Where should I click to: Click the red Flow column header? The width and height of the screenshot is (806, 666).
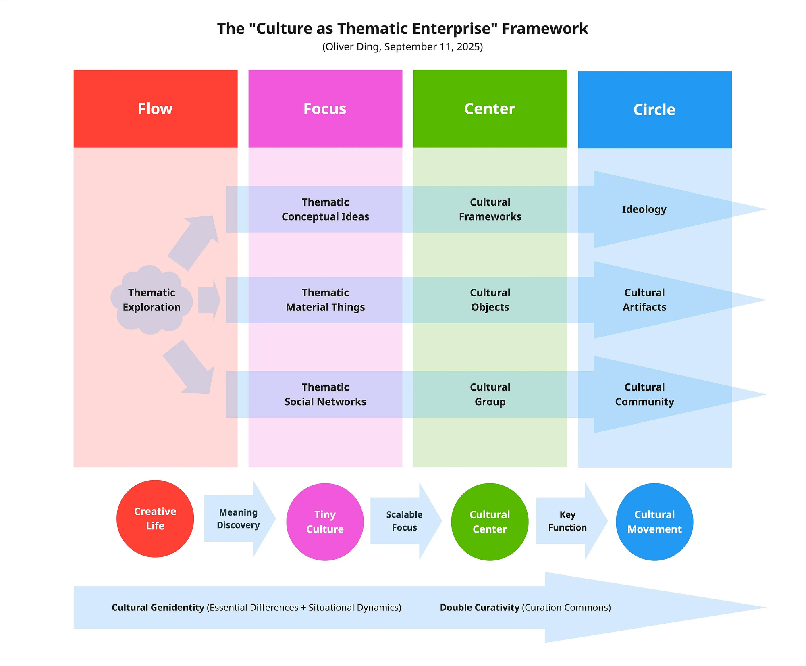(156, 108)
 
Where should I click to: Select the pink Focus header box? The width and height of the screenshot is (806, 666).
(325, 108)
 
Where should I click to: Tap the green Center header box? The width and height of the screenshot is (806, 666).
(490, 108)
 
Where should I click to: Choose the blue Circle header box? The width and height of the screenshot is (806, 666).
(655, 109)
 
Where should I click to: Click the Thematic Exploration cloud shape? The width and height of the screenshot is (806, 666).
(152, 300)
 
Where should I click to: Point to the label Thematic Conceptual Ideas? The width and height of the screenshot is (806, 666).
(325, 209)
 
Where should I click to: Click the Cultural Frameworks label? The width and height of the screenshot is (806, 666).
(490, 209)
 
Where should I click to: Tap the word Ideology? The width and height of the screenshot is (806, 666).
(644, 210)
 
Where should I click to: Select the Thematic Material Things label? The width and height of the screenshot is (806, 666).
(325, 300)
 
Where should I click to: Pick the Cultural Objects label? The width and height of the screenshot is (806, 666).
(490, 300)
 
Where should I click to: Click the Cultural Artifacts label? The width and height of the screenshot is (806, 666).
(644, 300)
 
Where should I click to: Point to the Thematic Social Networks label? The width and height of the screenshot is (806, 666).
(325, 394)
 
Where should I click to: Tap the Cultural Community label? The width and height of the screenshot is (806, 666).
(644, 394)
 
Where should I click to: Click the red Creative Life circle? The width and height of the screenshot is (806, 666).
(155, 518)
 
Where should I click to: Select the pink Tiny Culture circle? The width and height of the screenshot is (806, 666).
(325, 522)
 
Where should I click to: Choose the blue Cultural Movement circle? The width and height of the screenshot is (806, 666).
(654, 522)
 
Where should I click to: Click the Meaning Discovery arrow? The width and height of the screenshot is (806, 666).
(240, 519)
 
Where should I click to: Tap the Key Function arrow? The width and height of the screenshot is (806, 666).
(571, 521)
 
